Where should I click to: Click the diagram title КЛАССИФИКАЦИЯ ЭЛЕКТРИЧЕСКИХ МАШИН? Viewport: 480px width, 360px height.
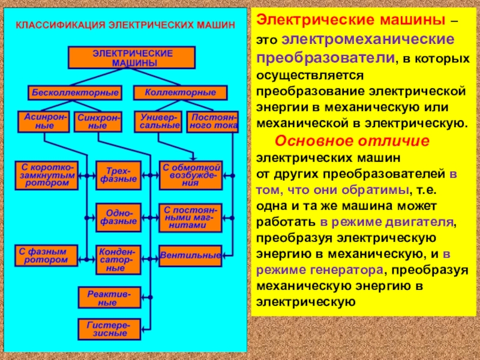[x=125, y=26]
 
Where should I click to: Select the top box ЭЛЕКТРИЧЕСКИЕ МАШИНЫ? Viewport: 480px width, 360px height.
[x=131, y=58]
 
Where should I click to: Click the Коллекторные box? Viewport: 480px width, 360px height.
[x=180, y=92]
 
